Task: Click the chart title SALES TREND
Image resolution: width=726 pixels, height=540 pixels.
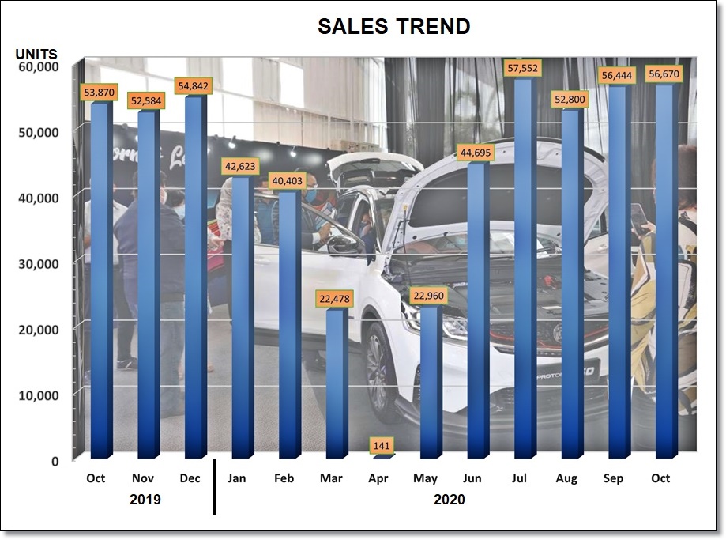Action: point(393,26)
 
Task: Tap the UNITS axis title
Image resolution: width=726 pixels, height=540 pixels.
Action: point(36,55)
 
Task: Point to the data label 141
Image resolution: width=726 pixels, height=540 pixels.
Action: point(382,446)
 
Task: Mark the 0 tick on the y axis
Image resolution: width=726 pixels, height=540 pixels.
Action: point(55,460)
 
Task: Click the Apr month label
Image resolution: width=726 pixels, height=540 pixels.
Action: point(379,478)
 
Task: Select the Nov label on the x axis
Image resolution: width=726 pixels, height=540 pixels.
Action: point(143,478)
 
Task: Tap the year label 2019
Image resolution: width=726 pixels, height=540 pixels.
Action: point(145,500)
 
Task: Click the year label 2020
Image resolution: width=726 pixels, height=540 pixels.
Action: point(449,500)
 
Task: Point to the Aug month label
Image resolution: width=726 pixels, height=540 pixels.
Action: point(566,478)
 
